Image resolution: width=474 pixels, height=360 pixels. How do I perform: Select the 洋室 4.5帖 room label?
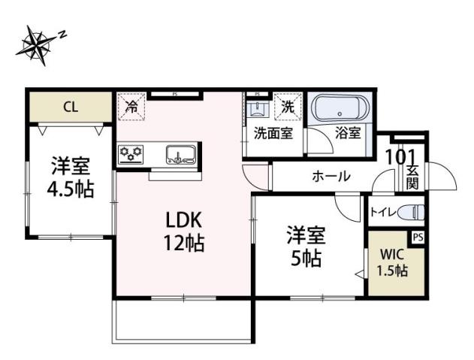pyautogui.click(x=71, y=177)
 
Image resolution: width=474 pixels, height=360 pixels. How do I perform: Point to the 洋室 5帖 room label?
pyautogui.click(x=305, y=247)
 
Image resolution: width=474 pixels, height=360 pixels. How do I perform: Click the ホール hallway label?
pyautogui.click(x=330, y=177)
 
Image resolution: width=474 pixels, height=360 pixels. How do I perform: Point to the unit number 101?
pyautogui.click(x=400, y=157)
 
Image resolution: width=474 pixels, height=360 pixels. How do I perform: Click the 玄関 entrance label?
pyautogui.click(x=412, y=178)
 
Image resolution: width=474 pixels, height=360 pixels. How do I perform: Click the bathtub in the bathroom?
pyautogui.click(x=339, y=110)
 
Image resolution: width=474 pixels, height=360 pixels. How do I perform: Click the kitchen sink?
pyautogui.click(x=180, y=156)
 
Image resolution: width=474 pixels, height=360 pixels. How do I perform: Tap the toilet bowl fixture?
pyautogui.click(x=410, y=212)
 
